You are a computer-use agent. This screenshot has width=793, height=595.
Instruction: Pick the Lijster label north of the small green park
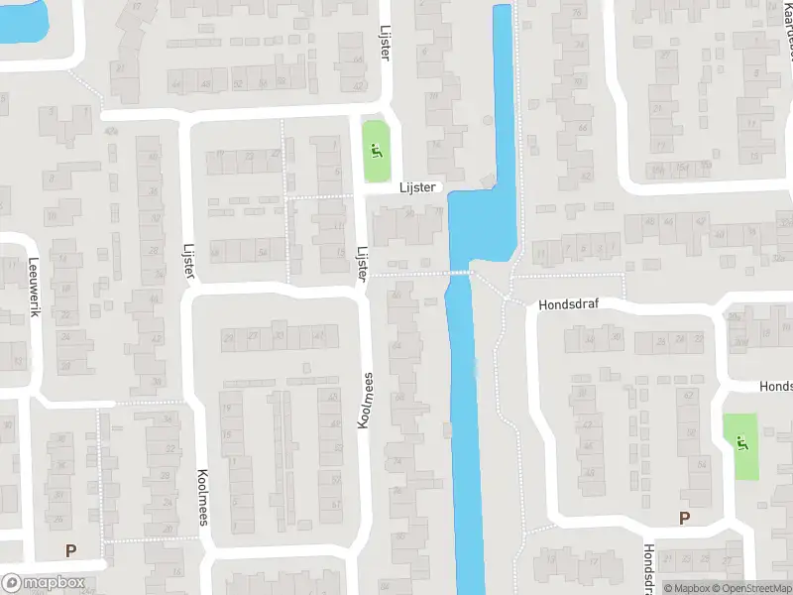pyautogui.click(x=385, y=42)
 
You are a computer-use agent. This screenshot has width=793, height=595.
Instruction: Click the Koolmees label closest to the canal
pyautogui.click(x=366, y=401)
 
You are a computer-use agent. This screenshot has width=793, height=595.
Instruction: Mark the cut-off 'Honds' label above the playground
pyautogui.click(x=775, y=386)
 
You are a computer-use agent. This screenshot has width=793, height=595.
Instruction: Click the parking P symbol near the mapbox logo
pyautogui.click(x=70, y=550)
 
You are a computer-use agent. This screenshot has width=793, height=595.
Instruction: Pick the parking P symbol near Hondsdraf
pyautogui.click(x=683, y=518)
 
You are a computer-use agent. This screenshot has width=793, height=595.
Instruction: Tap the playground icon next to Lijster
pyautogui.click(x=375, y=152)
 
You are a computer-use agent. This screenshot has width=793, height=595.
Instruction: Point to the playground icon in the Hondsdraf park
pyautogui.click(x=740, y=443)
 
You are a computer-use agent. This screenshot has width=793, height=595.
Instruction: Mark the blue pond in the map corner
pyautogui.click(x=20, y=20)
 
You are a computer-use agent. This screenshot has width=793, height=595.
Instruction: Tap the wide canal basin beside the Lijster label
pyautogui.click(x=483, y=223)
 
